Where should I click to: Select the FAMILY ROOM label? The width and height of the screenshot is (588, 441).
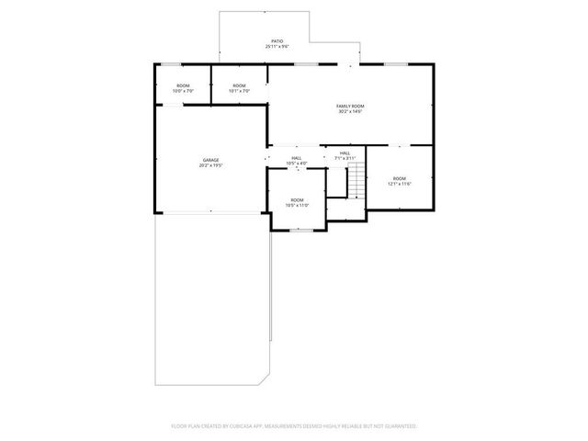[x=350, y=107]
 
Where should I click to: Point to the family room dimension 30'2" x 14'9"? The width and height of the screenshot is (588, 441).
[x=350, y=112]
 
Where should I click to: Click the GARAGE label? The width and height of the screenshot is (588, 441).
[x=210, y=160]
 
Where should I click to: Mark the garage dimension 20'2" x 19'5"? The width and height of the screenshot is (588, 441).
[x=210, y=165]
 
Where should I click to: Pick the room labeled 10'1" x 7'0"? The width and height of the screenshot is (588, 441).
[x=239, y=88]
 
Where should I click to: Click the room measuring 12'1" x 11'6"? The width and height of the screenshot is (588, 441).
[x=399, y=180]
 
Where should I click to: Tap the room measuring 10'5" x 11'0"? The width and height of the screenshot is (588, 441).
[x=297, y=202]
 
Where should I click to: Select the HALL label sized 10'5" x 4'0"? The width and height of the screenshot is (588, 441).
[x=297, y=160]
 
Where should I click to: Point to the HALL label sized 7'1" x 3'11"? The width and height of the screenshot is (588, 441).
[x=345, y=155]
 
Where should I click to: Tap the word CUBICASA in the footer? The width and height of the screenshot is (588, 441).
[x=259, y=426]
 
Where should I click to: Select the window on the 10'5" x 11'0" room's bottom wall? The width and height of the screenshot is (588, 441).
[x=297, y=230]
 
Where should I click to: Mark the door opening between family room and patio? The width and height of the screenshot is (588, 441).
[x=348, y=64]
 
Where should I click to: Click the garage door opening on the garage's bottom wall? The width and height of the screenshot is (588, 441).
[x=210, y=212]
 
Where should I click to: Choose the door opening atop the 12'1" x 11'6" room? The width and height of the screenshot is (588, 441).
[x=399, y=145]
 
